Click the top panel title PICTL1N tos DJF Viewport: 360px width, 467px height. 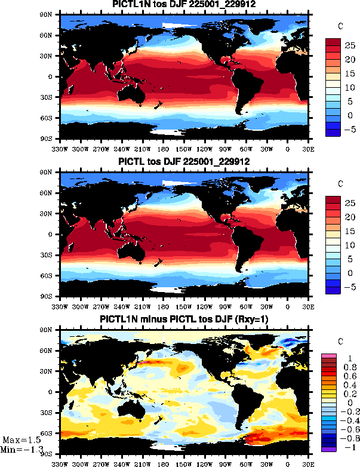pyautogui.click(x=184, y=5)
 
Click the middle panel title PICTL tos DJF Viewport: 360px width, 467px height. pyautogui.click(x=184, y=162)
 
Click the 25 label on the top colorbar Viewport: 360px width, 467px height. pyautogui.click(x=349, y=45)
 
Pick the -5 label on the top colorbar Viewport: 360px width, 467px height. pyautogui.click(x=349, y=128)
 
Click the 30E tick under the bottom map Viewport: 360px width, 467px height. pyautogui.click(x=308, y=463)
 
